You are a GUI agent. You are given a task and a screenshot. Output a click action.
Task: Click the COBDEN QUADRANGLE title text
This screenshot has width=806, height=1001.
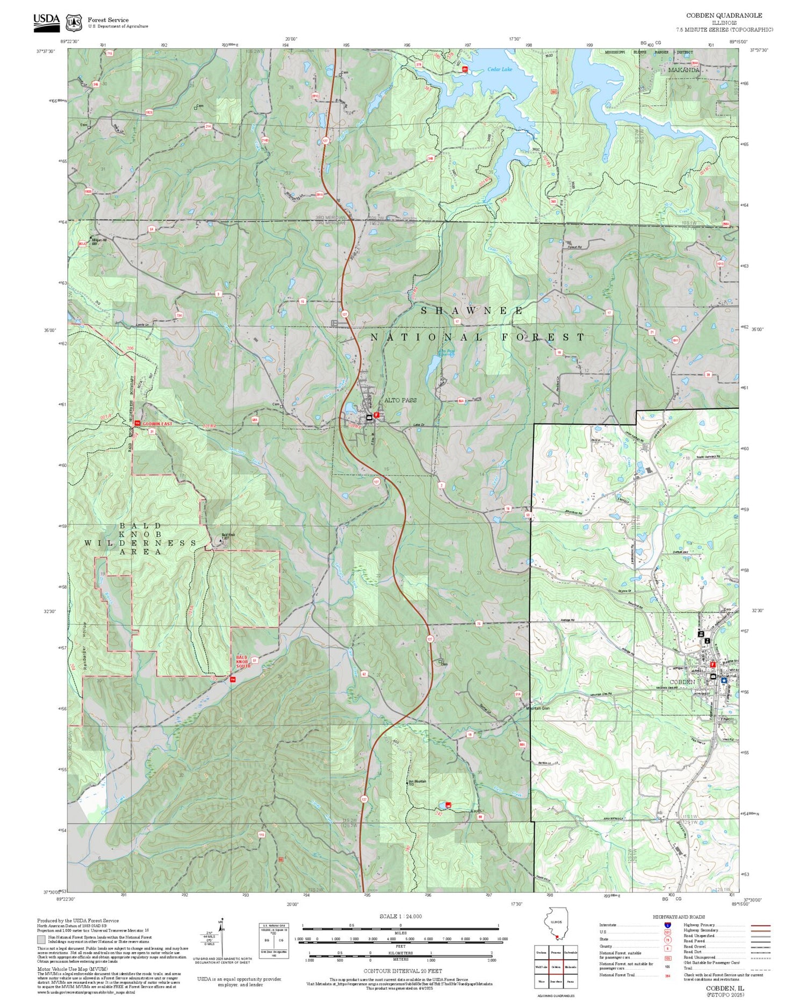pos(731,16)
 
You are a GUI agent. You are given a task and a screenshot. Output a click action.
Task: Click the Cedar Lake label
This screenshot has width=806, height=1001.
pos(500,69)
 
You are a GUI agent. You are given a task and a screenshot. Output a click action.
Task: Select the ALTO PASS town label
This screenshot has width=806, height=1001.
pos(400,401)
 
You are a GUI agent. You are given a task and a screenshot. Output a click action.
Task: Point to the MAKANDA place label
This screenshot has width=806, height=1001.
pos(684,70)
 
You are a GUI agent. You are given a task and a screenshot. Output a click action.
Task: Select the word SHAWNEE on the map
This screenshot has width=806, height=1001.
pos(472,311)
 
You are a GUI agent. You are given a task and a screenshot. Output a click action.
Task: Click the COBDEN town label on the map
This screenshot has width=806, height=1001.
pos(682,682)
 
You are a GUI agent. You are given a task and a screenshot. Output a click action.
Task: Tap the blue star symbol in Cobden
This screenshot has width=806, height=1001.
pos(724,680)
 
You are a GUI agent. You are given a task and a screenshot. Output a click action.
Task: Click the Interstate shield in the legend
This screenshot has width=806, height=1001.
pos(667,925)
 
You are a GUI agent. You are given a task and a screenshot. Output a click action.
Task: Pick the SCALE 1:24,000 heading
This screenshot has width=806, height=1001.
pos(400,916)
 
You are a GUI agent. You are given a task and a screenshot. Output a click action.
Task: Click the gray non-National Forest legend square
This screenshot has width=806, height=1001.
pos(41,940)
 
